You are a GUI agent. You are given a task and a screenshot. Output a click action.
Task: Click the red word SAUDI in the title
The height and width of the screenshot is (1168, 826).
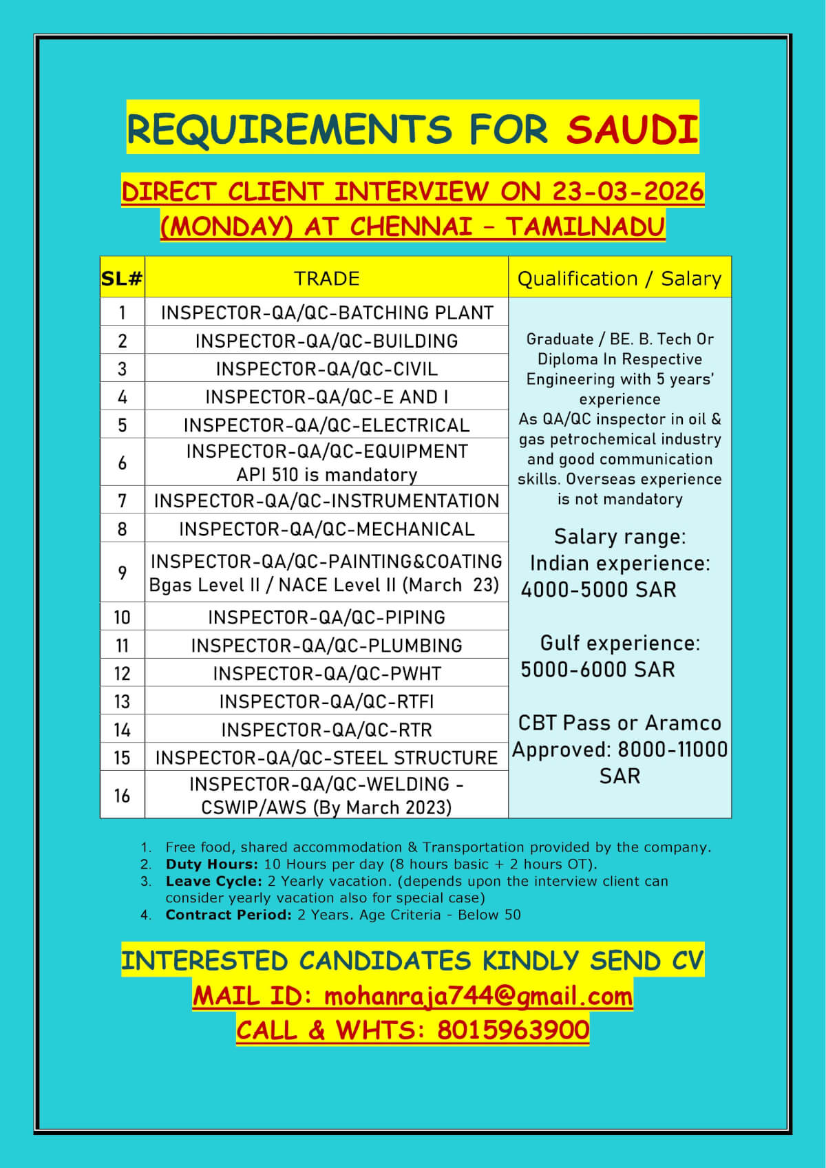pos(632,129)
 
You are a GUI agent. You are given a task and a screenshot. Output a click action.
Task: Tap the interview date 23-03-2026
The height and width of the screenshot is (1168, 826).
pos(627,191)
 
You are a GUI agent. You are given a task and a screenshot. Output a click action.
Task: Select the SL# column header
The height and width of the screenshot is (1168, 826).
pos(122,278)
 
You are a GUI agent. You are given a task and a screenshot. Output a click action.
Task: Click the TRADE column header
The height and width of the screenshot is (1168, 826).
pos(326,278)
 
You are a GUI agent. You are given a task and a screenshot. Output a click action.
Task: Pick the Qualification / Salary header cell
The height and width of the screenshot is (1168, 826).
pos(619,278)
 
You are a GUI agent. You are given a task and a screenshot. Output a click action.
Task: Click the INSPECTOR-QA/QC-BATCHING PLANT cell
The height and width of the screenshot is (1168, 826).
pos(327,312)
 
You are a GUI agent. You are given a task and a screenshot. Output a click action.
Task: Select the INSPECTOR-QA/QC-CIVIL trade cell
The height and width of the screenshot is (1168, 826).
pos(327,369)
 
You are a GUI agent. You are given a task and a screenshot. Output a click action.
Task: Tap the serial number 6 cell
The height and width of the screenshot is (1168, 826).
pos(122,463)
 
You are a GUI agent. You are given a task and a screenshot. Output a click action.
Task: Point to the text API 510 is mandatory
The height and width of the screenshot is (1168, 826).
pos(327,475)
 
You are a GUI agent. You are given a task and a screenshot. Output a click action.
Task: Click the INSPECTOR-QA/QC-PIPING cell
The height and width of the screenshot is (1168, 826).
pos(327,617)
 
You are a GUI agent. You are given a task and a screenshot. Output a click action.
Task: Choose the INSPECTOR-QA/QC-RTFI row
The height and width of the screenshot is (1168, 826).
pos(327,701)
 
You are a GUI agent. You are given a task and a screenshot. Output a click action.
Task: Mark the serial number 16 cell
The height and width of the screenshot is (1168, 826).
pos(122,795)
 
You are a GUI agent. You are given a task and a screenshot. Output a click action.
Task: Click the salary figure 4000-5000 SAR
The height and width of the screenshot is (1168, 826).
pos(598,590)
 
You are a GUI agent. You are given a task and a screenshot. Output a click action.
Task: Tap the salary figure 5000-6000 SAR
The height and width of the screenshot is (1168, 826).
pos(597,669)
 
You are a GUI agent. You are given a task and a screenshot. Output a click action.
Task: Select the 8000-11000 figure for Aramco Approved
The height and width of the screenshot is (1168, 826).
pos(672,750)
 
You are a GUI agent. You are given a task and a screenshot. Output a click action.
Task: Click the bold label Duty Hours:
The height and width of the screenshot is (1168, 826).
pos(212,864)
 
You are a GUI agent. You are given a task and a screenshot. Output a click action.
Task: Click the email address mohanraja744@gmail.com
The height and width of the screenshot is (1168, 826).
pos(478,996)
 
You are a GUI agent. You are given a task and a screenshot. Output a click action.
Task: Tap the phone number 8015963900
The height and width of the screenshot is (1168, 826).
pos(513,1030)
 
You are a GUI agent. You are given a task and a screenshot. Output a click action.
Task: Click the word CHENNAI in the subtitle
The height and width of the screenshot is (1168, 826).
pos(411,226)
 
